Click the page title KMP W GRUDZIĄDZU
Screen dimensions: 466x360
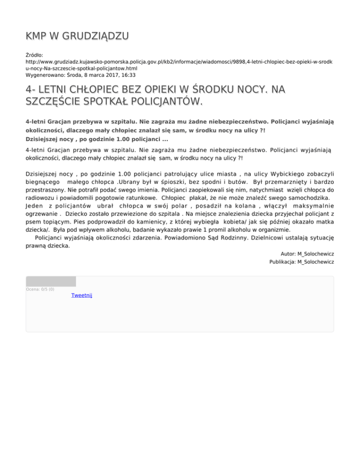click(x=77, y=36)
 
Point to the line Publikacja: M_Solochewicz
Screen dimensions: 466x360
click(x=302, y=262)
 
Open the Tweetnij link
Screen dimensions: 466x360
click(x=82, y=296)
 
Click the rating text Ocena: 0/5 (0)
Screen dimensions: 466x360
click(x=40, y=289)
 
